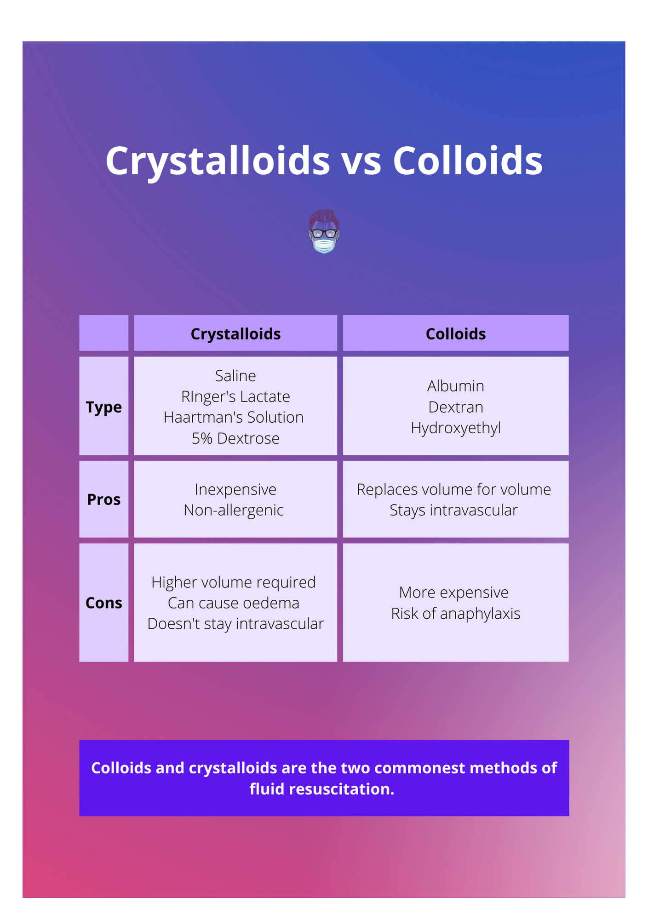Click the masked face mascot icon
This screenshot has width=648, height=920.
pyautogui.click(x=324, y=232)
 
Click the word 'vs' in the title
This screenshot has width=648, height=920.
pyautogui.click(x=361, y=161)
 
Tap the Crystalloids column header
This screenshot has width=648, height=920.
pyautogui.click(x=235, y=334)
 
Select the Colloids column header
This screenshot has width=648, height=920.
pyautogui.click(x=455, y=334)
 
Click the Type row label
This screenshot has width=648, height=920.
pyautogui.click(x=103, y=408)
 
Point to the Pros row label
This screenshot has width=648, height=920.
pyautogui.click(x=103, y=500)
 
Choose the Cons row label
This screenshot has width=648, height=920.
pyautogui.click(x=103, y=603)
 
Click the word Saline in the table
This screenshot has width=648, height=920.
pyautogui.click(x=235, y=376)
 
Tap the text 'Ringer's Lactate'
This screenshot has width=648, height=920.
pyautogui.click(x=235, y=397)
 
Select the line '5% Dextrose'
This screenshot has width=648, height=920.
pyautogui.click(x=235, y=438)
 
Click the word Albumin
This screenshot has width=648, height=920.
pyautogui.click(x=455, y=386)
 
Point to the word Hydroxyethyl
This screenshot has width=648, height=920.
pyautogui.click(x=455, y=428)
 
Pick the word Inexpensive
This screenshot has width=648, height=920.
pyautogui.click(x=235, y=489)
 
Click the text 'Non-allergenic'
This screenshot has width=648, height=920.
pyautogui.click(x=234, y=510)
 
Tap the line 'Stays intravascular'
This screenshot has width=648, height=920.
pyautogui.click(x=453, y=510)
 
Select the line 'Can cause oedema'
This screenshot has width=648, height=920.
pyautogui.click(x=234, y=603)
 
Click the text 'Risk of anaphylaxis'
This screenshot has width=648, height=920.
pyautogui.click(x=455, y=614)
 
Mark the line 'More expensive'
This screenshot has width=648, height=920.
pyautogui.click(x=453, y=592)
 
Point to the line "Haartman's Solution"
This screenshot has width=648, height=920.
pyautogui.click(x=234, y=417)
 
